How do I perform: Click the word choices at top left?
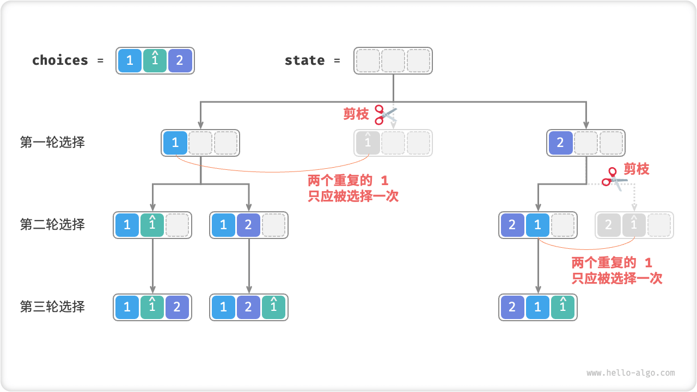point(60,60)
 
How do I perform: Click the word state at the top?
point(304,60)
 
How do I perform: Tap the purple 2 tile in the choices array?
point(180,60)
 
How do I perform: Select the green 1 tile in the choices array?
point(155,60)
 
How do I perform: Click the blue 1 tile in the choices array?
point(130,60)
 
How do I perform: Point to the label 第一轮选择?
point(52,143)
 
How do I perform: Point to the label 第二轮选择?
point(52,224)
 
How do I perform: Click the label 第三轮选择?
point(52,307)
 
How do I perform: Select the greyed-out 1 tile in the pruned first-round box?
point(368,143)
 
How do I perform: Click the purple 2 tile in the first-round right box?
point(560,143)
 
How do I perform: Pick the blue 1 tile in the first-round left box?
point(175,143)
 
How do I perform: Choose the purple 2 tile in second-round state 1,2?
point(248,225)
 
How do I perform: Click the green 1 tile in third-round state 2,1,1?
point(563,308)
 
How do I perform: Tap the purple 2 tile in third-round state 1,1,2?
point(177,308)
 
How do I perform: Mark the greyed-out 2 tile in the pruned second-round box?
point(609,225)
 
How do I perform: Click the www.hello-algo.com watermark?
point(631,373)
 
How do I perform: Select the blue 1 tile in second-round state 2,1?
point(537,225)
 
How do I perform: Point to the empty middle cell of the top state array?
point(393,60)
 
